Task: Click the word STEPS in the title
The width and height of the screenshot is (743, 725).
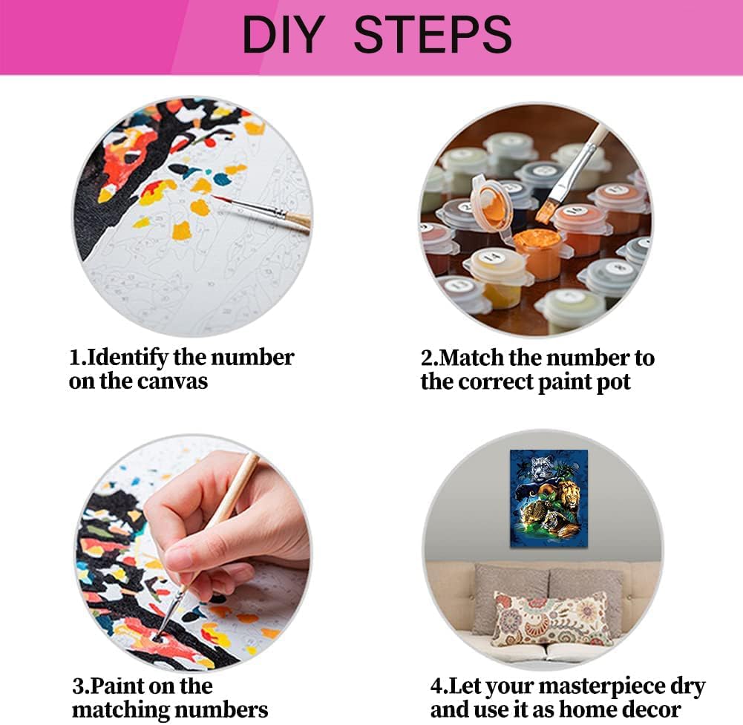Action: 433,35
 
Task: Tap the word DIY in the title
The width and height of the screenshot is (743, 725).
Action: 284,35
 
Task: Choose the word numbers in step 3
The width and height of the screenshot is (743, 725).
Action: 220,710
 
